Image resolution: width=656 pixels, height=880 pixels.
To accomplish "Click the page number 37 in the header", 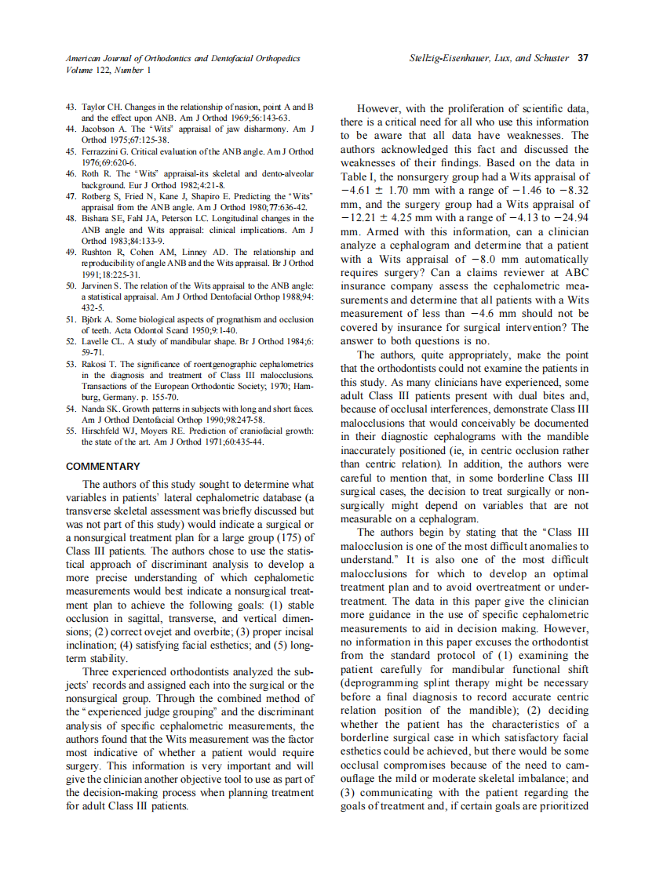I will (x=583, y=58).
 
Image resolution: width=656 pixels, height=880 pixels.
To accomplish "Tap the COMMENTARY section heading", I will (x=103, y=467).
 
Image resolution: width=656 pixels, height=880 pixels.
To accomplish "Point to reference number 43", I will (x=71, y=106).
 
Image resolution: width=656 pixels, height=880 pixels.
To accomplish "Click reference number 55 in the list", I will (x=71, y=431).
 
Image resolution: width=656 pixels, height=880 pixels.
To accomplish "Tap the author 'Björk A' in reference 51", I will (x=98, y=319).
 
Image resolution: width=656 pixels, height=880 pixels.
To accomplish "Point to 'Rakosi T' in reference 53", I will (x=100, y=364).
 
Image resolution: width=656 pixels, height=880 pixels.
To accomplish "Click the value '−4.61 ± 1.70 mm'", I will (x=386, y=190).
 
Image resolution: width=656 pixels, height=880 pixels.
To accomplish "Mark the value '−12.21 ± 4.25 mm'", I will (x=388, y=217).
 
